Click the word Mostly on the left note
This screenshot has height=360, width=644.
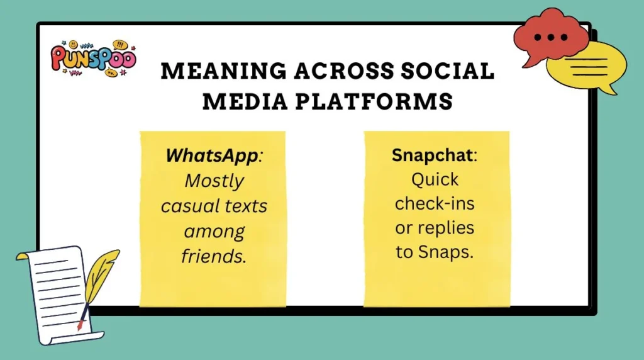(x=214, y=181)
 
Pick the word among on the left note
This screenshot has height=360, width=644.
(x=214, y=231)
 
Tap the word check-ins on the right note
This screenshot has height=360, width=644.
(x=435, y=204)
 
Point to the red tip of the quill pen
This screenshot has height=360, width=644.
(x=80, y=326)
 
